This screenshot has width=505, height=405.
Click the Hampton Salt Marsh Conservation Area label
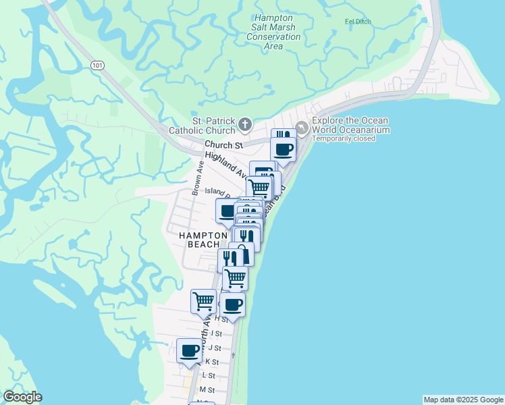click(x=273, y=32)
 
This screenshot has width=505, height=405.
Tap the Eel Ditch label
click(x=358, y=22)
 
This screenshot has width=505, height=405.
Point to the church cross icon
click(x=244, y=125)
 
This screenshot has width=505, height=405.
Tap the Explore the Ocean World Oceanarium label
click(x=350, y=125)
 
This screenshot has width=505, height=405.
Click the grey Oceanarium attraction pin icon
click(x=302, y=126)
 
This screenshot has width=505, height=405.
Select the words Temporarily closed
click(x=344, y=138)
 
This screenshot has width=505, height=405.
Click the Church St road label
click(x=223, y=145)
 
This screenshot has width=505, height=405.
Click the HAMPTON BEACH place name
click(x=200, y=239)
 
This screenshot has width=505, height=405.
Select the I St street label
click(x=216, y=333)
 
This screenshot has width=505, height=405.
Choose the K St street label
click(x=212, y=362)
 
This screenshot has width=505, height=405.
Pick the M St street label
click(x=207, y=390)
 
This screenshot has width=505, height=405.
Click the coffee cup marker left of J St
click(x=189, y=350)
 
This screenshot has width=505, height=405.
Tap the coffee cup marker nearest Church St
click(x=283, y=148)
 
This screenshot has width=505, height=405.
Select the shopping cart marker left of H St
click(x=203, y=300)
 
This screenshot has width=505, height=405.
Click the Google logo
click(x=22, y=398)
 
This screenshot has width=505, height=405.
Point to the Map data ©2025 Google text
click(x=463, y=400)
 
